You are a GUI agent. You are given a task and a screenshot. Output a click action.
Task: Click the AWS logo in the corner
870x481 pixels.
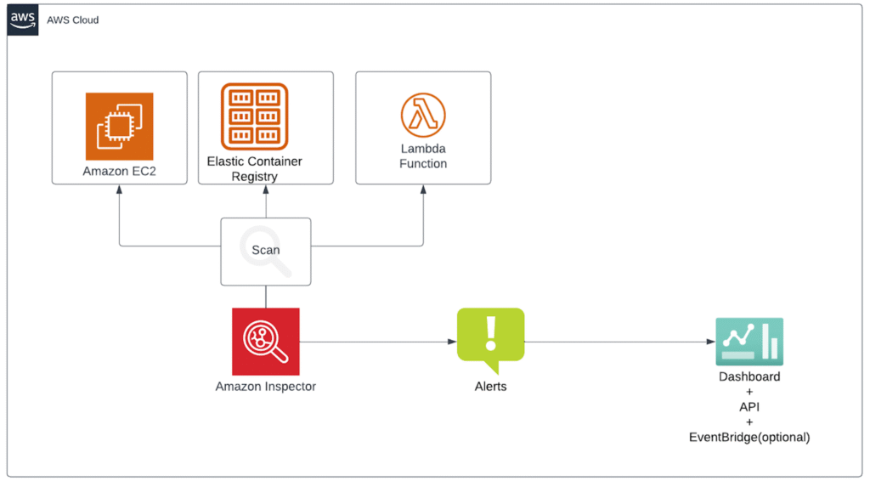click(23, 20)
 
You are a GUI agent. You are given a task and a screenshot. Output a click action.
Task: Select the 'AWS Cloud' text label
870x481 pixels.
click(73, 20)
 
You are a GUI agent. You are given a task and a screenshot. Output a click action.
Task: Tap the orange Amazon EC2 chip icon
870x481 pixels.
click(119, 127)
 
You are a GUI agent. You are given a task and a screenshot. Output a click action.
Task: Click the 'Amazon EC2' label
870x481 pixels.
click(119, 171)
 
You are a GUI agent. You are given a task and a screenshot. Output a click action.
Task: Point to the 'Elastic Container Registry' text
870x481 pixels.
click(255, 168)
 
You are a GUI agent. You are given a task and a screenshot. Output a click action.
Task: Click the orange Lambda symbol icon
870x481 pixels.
click(423, 116)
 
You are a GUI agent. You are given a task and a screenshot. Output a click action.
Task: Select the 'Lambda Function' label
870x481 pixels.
click(423, 156)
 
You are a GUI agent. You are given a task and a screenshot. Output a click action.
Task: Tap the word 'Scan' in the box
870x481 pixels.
click(265, 250)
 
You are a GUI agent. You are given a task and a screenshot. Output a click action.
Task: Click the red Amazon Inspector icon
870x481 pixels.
click(265, 342)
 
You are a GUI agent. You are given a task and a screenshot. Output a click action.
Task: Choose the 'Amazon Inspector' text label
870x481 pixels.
click(265, 387)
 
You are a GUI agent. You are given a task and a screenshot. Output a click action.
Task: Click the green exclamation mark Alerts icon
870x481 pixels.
click(490, 338)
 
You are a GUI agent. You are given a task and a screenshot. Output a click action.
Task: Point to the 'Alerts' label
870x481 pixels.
click(490, 387)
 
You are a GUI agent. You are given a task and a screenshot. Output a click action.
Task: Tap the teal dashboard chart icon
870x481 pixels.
click(749, 341)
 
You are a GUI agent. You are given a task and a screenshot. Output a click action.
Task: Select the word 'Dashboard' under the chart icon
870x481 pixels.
click(749, 376)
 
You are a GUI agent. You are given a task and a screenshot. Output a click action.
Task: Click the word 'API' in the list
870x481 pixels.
click(749, 407)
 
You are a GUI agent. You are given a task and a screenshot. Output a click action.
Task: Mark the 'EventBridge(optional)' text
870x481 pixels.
click(749, 438)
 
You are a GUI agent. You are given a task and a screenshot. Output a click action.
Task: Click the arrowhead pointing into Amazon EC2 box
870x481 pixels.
click(119, 189)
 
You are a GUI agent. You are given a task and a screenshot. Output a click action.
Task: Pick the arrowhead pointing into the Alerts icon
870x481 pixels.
click(452, 342)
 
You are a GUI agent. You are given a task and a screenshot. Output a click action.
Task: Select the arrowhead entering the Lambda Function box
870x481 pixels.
click(423, 189)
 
